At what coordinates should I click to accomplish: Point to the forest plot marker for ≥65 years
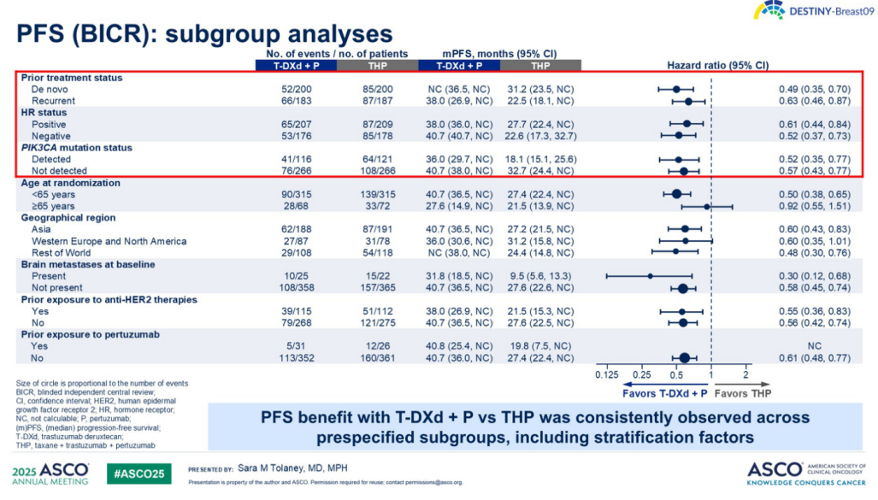(x=707, y=206)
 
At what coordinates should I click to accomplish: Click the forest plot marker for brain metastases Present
(x=650, y=276)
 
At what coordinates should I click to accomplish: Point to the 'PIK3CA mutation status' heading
(x=77, y=148)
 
